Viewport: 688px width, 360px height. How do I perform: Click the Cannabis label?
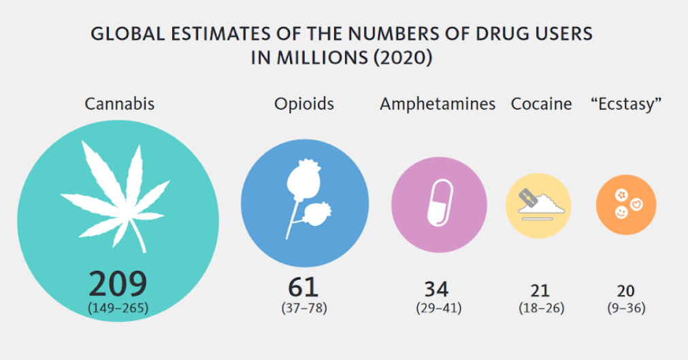pos(119,104)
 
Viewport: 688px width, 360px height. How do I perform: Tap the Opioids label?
pos(304,104)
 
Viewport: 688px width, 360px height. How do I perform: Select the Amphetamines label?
pos(438,104)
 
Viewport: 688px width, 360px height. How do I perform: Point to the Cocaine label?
pos(541,104)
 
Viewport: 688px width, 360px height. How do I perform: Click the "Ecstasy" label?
pos(626,104)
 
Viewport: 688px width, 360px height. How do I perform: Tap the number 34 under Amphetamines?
pos(436,289)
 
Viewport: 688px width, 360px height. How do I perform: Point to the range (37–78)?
pos(304,308)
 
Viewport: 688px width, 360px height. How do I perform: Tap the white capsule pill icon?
pos(439,202)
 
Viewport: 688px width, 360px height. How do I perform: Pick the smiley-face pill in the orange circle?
pos(621,213)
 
